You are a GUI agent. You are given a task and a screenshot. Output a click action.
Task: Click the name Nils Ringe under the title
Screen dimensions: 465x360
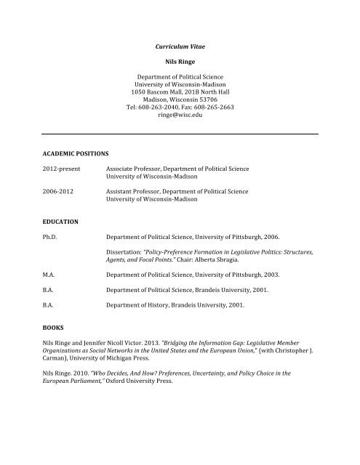(x=180, y=62)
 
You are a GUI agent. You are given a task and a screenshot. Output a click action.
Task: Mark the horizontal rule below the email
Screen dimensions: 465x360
(x=180, y=134)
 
